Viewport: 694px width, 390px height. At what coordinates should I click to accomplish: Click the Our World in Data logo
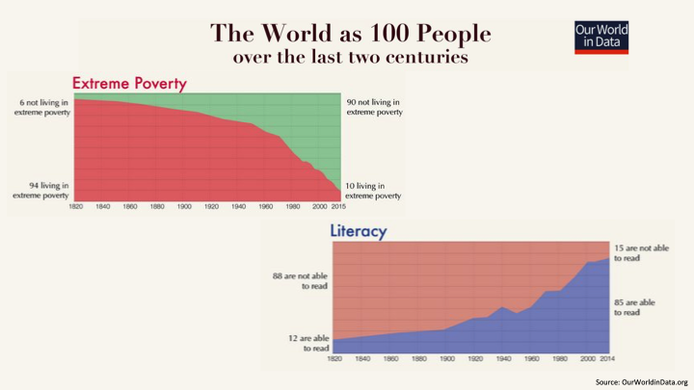601,37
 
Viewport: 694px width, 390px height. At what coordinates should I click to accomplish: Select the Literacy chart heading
359,232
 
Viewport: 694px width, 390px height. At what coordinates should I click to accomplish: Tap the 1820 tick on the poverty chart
76,207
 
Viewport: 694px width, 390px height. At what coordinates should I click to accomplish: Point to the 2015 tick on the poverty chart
338,207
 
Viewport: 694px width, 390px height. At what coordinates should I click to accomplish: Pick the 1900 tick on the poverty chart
183,207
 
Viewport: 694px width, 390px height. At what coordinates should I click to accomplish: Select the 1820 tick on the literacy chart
335,358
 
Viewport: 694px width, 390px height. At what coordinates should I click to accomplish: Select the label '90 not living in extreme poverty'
374,107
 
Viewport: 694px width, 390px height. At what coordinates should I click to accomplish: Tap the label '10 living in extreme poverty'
374,190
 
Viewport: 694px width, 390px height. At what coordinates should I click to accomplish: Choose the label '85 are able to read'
636,306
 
